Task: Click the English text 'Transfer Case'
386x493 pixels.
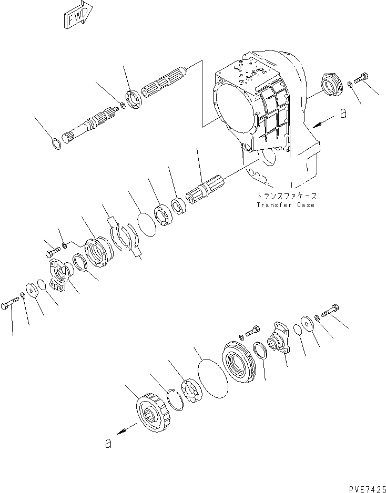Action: click(286, 204)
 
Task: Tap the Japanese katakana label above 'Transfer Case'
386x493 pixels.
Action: click(286, 194)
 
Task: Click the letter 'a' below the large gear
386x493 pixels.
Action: click(108, 444)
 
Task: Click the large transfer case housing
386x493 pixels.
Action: click(258, 110)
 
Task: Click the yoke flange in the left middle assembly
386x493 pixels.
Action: click(59, 273)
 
